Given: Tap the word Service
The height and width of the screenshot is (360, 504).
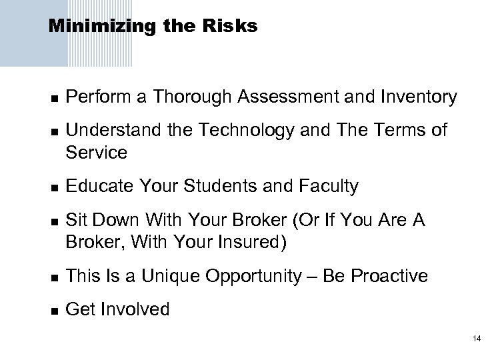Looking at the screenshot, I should [96, 153].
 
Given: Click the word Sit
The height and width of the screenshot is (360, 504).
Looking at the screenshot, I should [76, 220].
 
